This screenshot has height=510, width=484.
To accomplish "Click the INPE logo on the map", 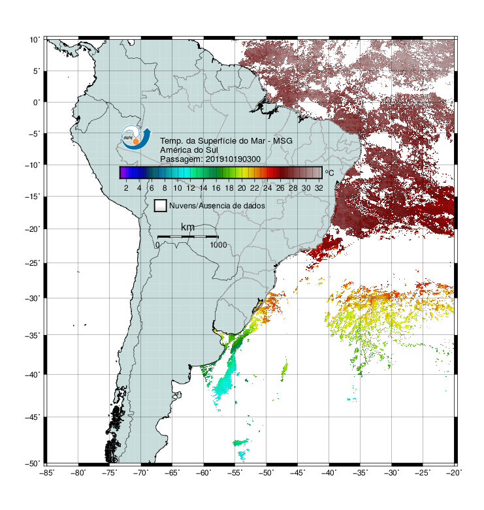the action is [136, 138].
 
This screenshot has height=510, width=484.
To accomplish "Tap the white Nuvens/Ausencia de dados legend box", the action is [161, 206].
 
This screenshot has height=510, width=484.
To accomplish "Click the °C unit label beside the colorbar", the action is [329, 172].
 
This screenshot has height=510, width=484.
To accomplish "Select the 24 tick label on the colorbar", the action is [267, 188].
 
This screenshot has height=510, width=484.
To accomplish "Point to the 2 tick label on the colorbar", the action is [126, 188].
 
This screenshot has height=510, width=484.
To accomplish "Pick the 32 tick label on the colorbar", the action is [319, 188].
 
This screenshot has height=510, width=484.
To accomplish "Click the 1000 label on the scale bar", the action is [218, 245].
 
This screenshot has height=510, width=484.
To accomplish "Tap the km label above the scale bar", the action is [187, 227].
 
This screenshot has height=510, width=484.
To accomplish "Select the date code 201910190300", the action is [233, 159].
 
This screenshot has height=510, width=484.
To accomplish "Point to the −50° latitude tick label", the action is [33, 464].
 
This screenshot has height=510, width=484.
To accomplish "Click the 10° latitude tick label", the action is [35, 40].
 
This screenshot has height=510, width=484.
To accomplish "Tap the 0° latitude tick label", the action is [36, 103].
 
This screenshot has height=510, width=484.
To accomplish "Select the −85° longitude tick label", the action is [46, 473].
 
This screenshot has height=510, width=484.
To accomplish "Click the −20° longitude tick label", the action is [454, 473].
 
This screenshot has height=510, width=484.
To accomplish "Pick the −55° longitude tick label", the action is [235, 473].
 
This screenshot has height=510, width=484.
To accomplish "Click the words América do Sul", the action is [189, 150].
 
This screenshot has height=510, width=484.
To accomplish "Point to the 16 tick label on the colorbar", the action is [216, 188].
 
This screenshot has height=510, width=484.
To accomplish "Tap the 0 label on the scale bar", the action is [157, 245].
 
